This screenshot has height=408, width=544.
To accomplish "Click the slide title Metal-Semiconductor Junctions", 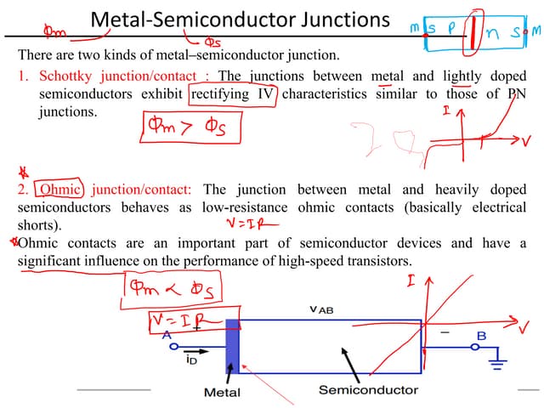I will pyautogui.click(x=240, y=20).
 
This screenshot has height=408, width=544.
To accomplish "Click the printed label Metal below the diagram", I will pyautogui.click(x=222, y=392).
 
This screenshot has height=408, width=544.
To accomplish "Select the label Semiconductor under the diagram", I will pyautogui.click(x=368, y=390).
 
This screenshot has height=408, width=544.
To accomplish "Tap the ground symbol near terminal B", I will pyautogui.click(x=497, y=364).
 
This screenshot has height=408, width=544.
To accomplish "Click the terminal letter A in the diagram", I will pyautogui.click(x=167, y=336).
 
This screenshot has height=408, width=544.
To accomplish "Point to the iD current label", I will pyautogui.click(x=192, y=360).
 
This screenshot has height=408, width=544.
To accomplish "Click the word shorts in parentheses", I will pyautogui.click(x=39, y=225).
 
